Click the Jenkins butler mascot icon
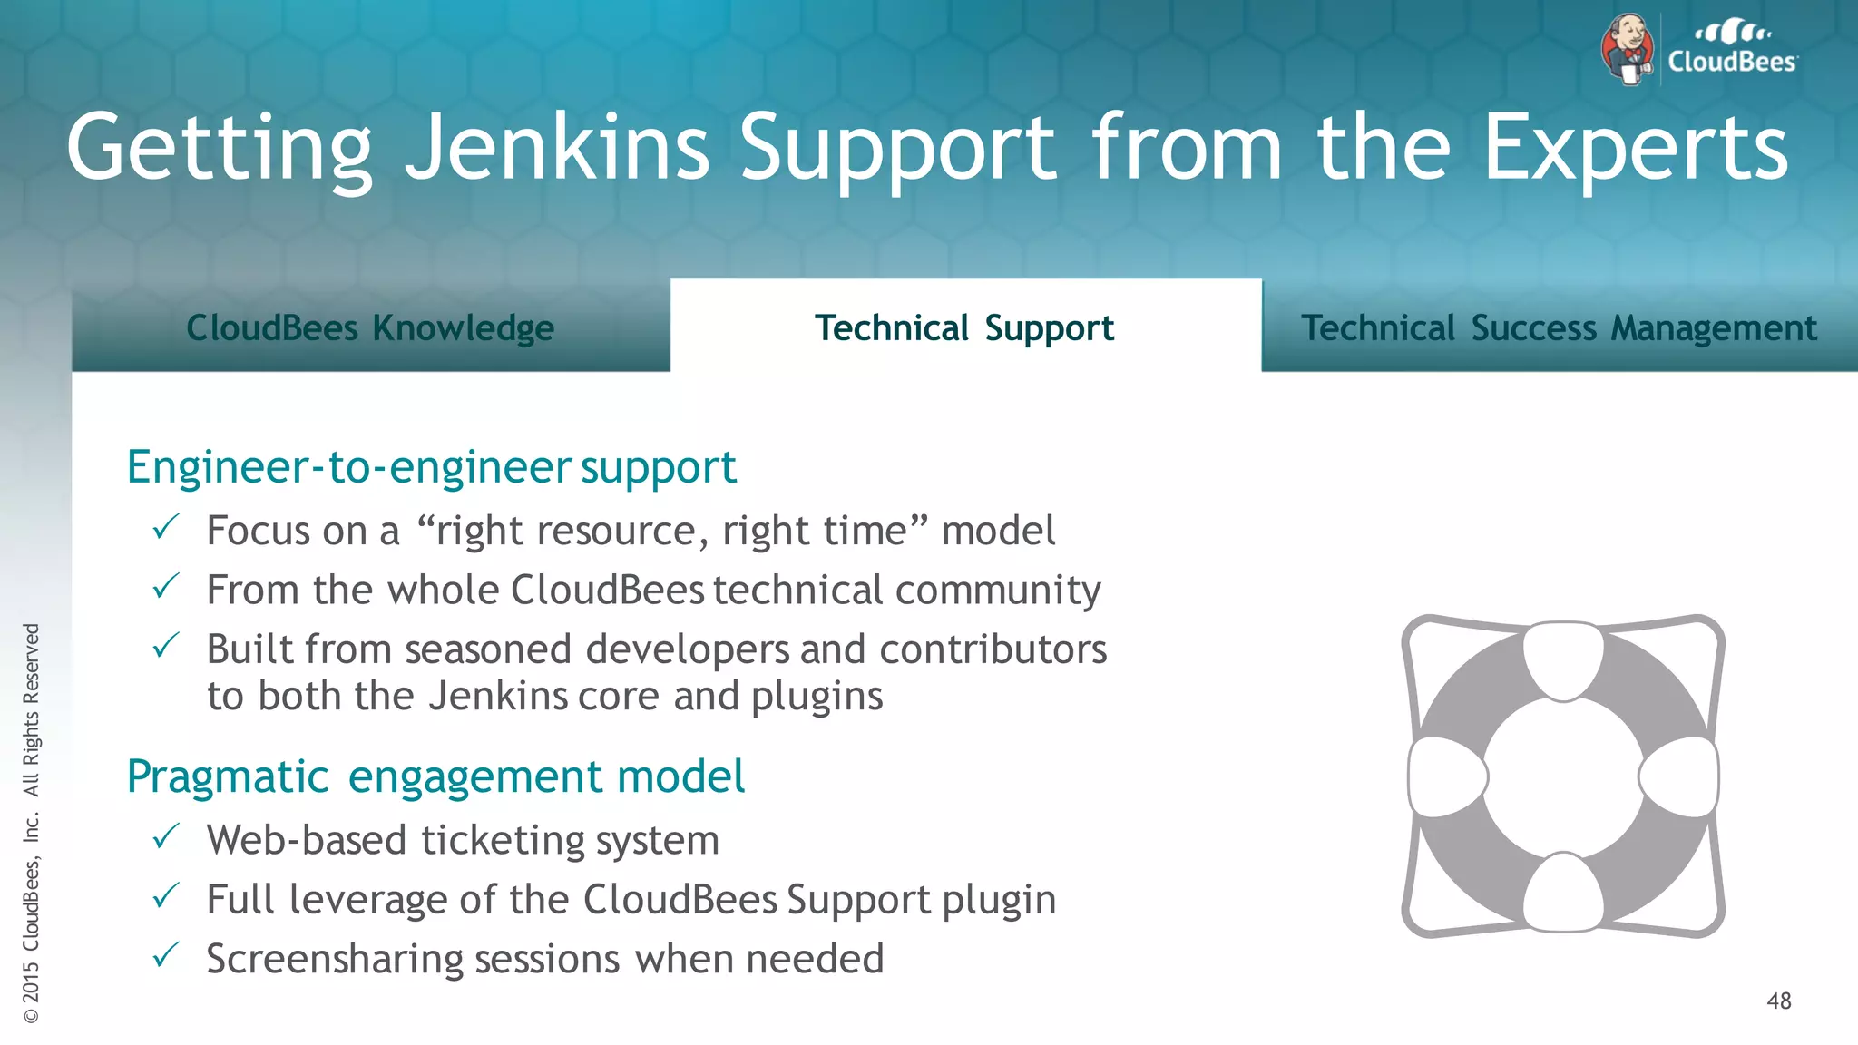point(1628,49)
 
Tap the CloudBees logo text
point(1732,61)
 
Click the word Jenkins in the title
point(555,147)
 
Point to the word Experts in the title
point(1635,147)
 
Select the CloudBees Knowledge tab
point(370,327)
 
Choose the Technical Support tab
point(964,327)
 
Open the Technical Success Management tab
point(1559,327)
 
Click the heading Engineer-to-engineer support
point(431,467)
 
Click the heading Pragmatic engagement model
point(435,776)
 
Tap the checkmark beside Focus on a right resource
point(166,527)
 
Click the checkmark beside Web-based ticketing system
point(166,836)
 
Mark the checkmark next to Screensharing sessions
point(166,955)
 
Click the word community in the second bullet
point(997,591)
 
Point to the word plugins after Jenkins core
point(817,697)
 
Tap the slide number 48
point(1778,1001)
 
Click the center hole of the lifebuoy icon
point(1562,776)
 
